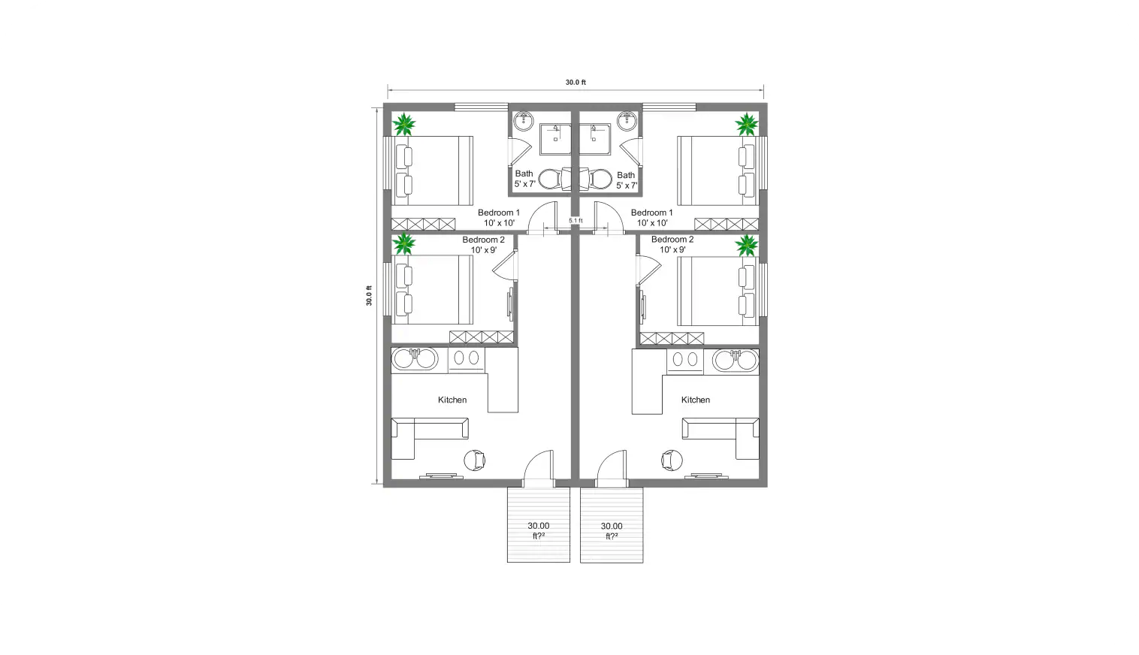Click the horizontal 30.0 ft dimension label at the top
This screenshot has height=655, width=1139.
click(x=576, y=83)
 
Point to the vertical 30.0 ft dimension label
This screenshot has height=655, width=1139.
click(x=369, y=295)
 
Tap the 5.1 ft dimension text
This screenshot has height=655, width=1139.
click(x=576, y=220)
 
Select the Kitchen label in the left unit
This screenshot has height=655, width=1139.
click(x=452, y=400)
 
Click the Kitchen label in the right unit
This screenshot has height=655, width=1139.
click(x=695, y=400)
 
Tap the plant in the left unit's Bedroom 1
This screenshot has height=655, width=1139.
click(x=405, y=124)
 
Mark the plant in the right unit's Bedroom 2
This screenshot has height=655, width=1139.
click(x=747, y=245)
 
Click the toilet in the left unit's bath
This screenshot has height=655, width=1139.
click(x=550, y=179)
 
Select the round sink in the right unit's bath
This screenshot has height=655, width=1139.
click(x=627, y=120)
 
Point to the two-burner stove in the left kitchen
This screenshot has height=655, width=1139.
click(x=467, y=359)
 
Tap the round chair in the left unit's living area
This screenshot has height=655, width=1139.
click(x=476, y=459)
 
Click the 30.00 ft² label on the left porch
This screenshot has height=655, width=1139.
click(x=538, y=530)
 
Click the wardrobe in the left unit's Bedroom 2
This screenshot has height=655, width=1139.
click(x=482, y=337)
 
